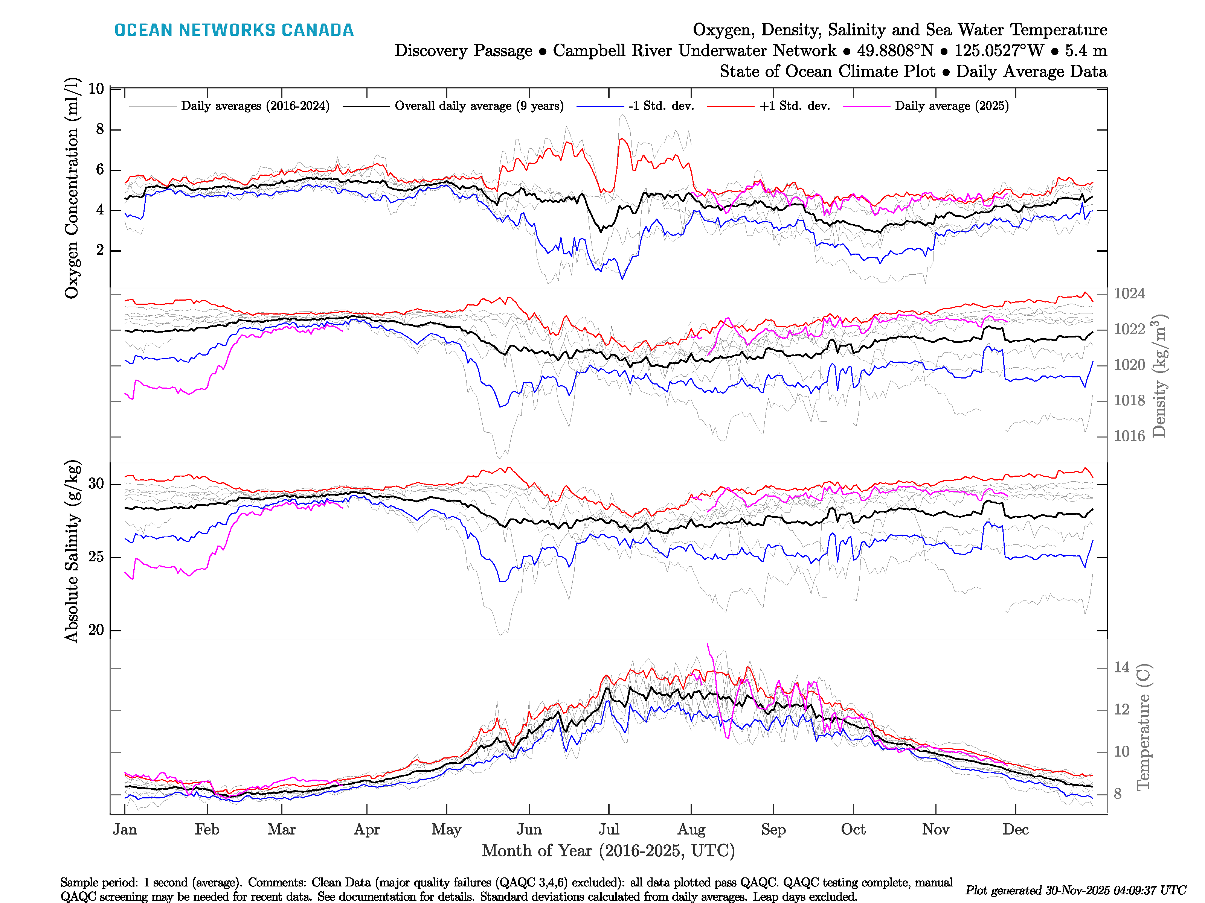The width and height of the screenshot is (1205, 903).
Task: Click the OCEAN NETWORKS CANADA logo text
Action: (x=234, y=30)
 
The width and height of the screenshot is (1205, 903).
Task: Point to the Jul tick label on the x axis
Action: (x=609, y=830)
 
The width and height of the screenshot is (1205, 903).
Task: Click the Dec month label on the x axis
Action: (x=1016, y=830)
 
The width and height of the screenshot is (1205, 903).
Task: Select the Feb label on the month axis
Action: (x=207, y=830)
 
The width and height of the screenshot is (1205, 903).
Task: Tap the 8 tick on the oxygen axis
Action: (x=100, y=129)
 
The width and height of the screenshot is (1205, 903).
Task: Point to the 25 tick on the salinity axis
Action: (x=96, y=557)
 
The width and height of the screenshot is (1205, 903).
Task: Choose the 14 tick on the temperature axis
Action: (x=1121, y=667)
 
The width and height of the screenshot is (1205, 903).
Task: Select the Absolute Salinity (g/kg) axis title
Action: (x=72, y=551)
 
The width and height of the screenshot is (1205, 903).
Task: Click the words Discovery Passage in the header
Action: (x=463, y=51)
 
